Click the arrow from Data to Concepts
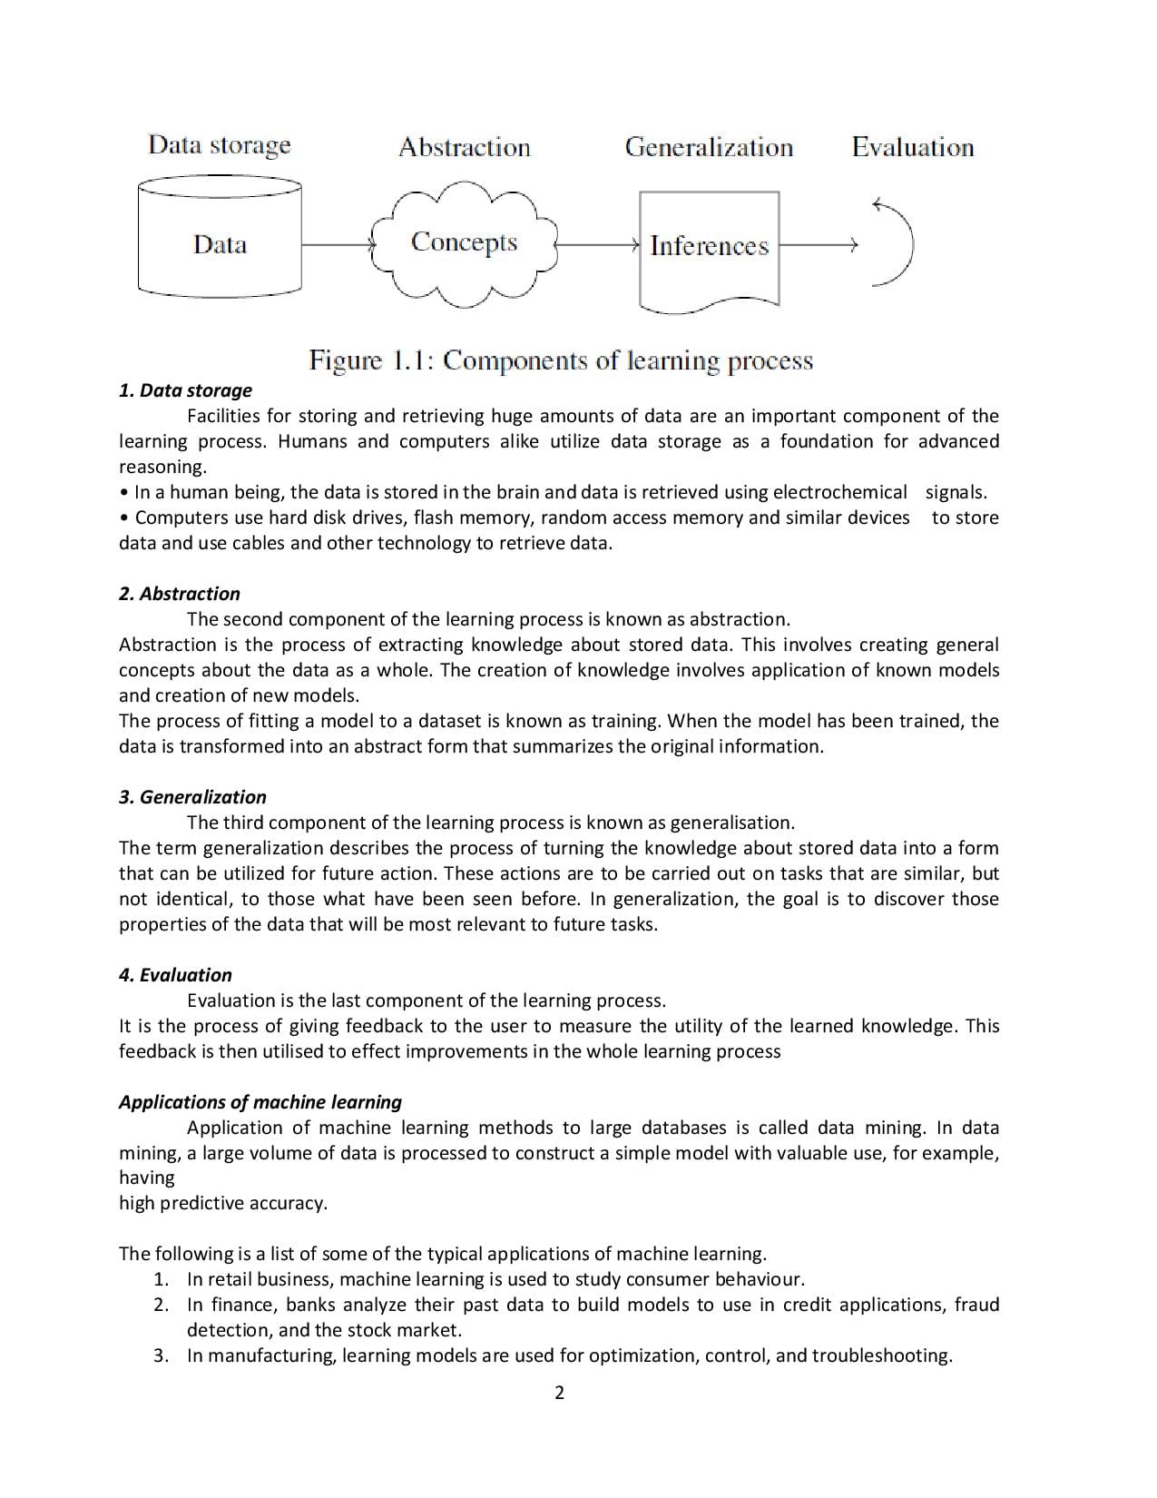click(x=337, y=244)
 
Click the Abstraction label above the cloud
click(x=464, y=147)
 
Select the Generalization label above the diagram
click(x=709, y=147)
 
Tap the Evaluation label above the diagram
click(x=912, y=147)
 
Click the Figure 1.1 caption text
click(x=560, y=360)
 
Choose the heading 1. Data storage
click(x=185, y=390)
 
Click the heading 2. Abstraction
click(x=179, y=594)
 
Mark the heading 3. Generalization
click(x=192, y=797)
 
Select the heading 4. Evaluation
click(x=175, y=975)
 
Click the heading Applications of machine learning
click(x=260, y=1102)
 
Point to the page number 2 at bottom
click(x=559, y=1393)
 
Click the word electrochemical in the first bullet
click(x=839, y=492)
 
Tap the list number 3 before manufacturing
click(x=162, y=1355)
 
